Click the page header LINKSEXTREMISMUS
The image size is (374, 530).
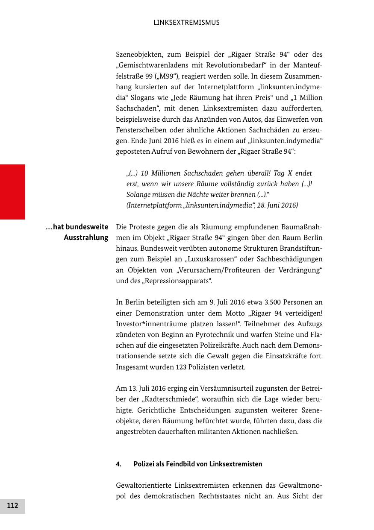186,23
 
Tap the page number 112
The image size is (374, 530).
12,506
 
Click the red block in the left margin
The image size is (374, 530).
12,192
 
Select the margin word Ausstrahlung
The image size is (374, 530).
86,237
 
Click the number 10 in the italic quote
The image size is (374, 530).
144,173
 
